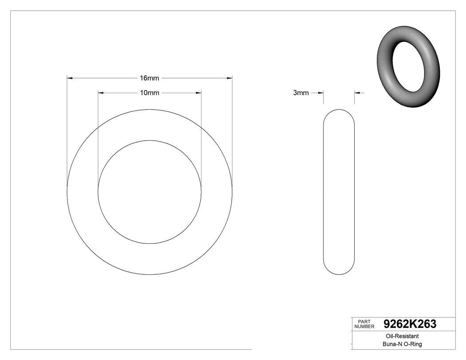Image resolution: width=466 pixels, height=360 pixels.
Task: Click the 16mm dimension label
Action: click(149, 79)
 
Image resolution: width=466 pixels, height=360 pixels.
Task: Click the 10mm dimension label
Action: click(149, 93)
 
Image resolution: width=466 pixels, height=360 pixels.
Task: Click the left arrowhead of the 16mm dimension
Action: click(69, 79)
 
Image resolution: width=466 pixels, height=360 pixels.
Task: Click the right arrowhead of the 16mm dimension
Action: click(230, 79)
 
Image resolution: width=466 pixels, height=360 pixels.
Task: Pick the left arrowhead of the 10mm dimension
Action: click(100, 93)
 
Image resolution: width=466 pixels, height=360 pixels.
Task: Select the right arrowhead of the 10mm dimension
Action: click(199, 93)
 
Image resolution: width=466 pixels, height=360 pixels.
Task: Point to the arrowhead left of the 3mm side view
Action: click(321, 93)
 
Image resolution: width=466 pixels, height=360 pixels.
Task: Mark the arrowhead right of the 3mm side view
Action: click(357, 93)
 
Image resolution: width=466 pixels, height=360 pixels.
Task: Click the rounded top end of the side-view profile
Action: click(339, 111)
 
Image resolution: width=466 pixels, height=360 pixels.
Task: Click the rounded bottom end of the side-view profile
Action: click(339, 273)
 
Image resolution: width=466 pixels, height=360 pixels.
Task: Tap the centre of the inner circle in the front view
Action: click(150, 192)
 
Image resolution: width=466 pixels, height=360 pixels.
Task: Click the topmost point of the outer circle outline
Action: click(150, 109)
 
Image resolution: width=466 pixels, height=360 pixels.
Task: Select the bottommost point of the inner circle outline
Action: click(150, 244)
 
